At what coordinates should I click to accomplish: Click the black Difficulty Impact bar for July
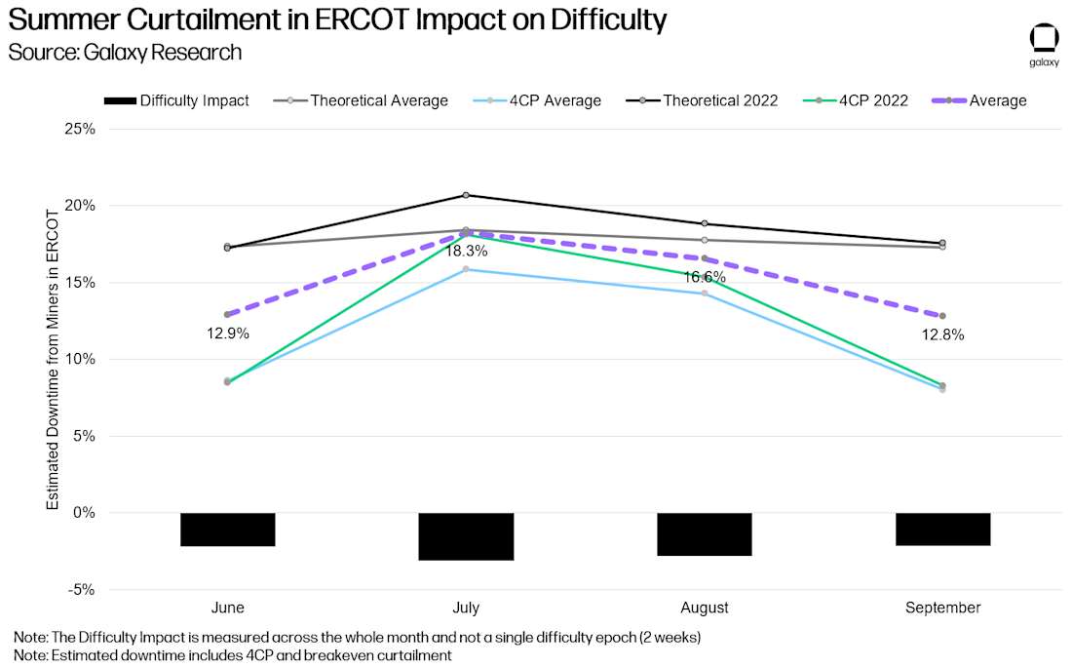coord(466,536)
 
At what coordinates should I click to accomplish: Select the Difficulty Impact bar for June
coord(227,530)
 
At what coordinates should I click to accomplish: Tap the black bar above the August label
coord(704,534)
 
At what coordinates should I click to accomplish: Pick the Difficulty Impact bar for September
coord(942,530)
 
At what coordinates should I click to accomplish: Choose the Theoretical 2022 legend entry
coord(720,100)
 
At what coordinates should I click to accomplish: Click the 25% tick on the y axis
coord(80,129)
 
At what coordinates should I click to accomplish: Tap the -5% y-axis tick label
coord(80,589)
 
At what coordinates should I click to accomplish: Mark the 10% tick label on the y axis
coord(80,359)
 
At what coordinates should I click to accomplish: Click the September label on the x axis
coord(942,608)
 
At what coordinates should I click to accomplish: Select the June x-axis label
coord(227,608)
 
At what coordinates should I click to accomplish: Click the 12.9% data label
coord(228,334)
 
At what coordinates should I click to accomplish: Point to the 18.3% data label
coord(466,252)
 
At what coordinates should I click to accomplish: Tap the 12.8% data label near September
coord(942,334)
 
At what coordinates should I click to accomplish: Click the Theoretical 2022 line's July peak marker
coord(466,195)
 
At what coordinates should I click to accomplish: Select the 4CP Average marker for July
coord(466,269)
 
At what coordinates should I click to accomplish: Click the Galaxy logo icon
coord(1044,39)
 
